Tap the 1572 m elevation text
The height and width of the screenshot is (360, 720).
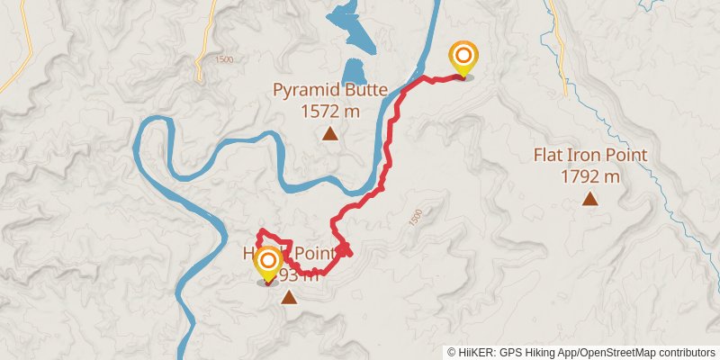point(330,111)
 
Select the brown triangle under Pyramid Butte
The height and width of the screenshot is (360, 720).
point(330,135)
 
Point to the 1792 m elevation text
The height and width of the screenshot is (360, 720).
point(590,176)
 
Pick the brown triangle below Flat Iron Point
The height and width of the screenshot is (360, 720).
point(590,199)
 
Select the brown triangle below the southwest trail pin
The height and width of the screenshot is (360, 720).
point(288,296)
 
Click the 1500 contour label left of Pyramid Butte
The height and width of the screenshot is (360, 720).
point(224,59)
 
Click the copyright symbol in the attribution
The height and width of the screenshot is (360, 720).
point(452,352)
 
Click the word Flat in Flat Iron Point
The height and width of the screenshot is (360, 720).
point(550,155)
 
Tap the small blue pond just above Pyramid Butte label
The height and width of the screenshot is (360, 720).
point(355,70)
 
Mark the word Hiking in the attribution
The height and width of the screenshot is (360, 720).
point(538,352)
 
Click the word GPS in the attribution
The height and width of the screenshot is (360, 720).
point(509,352)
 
